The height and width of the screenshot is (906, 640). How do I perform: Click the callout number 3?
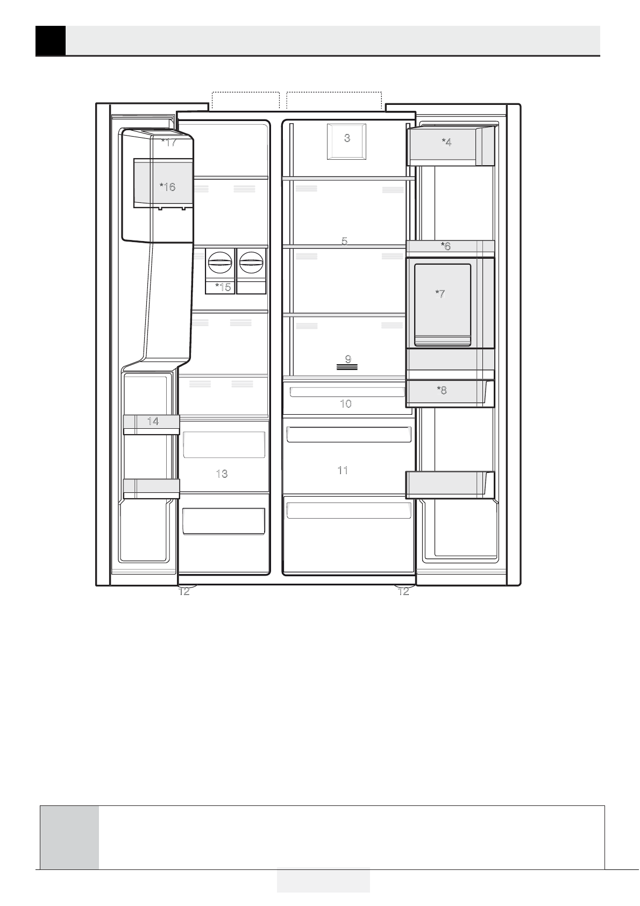(x=347, y=138)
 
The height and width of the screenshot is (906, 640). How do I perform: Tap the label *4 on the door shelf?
(x=446, y=142)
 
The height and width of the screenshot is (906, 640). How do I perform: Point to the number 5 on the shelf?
(x=344, y=241)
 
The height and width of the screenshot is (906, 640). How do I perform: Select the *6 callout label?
(x=445, y=246)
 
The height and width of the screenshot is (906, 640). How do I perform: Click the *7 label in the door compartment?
(x=440, y=294)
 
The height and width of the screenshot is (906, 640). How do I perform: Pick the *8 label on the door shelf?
(x=442, y=390)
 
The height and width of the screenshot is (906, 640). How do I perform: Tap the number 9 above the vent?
(x=348, y=359)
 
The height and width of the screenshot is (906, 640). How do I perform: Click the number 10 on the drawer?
(x=346, y=404)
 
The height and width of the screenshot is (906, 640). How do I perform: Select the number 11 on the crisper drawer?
(x=343, y=470)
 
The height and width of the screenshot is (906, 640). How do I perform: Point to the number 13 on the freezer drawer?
(x=222, y=473)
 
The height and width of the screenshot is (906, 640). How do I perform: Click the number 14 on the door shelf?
(x=153, y=421)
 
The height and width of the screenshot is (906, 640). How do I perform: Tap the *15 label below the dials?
(x=223, y=287)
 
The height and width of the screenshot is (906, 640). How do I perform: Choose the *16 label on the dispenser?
(x=167, y=187)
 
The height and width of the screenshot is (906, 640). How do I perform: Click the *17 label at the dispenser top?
(x=169, y=143)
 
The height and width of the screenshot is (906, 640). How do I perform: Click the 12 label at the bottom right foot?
(x=403, y=591)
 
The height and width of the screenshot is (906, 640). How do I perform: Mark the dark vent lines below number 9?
(x=347, y=367)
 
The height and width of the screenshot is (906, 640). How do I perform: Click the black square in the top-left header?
(x=51, y=40)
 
